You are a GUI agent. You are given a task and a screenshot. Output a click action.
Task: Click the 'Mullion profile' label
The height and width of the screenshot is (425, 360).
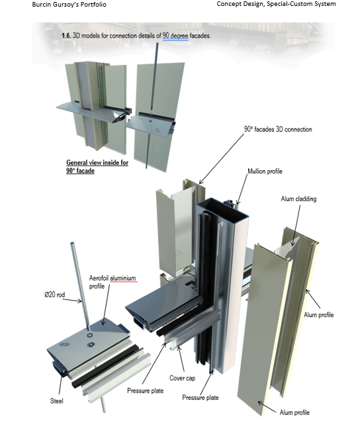(265, 171)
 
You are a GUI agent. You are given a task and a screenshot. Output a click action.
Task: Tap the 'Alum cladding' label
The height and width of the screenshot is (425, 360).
(298, 199)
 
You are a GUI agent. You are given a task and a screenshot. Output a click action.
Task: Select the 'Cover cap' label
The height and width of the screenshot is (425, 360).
(182, 378)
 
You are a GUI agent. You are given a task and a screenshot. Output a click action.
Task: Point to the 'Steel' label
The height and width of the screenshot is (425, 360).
(57, 401)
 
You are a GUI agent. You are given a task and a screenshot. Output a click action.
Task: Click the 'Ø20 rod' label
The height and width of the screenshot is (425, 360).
(55, 295)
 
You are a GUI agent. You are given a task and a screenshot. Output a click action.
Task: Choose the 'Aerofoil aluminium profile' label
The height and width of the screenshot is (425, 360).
(112, 282)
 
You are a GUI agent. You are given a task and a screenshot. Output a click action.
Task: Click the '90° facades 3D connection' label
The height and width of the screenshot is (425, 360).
(278, 129)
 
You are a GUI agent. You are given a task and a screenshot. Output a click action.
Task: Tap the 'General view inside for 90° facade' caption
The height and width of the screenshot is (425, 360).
(97, 166)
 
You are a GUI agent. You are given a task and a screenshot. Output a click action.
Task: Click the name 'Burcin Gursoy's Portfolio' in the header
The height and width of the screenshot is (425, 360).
(69, 5)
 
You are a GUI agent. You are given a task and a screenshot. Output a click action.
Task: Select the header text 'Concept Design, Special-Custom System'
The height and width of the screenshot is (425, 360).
(276, 4)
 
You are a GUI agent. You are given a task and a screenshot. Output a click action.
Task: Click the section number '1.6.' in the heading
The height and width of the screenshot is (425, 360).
(66, 36)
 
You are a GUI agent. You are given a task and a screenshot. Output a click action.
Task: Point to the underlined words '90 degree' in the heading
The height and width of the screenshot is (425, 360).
(175, 36)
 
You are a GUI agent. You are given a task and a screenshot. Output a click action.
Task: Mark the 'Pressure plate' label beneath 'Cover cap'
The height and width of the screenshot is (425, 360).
(200, 398)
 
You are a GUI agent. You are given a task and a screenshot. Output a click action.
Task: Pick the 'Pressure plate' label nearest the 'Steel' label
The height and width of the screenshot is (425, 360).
(146, 391)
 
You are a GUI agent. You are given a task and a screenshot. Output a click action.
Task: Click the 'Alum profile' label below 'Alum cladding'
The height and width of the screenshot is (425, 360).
(318, 315)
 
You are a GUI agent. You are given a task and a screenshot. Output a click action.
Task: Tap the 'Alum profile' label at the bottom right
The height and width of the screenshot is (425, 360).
(294, 412)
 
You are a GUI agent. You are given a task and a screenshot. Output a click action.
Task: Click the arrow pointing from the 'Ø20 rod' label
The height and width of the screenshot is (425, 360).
(73, 300)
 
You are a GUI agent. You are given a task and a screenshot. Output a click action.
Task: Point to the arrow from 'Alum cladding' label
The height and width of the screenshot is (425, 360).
(296, 225)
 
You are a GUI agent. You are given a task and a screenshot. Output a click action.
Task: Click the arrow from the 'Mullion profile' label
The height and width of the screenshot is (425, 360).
(242, 189)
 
